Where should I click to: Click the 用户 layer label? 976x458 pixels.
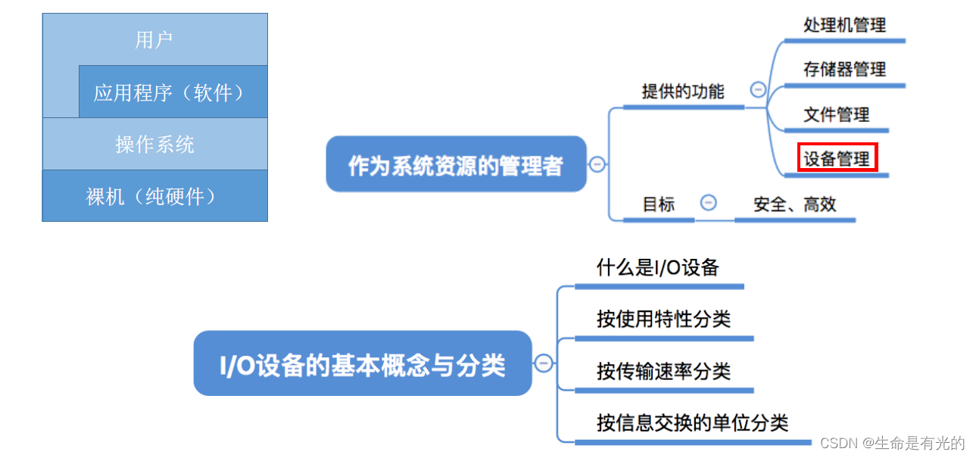click(x=154, y=39)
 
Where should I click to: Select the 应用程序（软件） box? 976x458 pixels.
click(x=173, y=92)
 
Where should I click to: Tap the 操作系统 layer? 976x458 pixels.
click(x=154, y=144)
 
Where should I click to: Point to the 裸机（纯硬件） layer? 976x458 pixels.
click(x=154, y=197)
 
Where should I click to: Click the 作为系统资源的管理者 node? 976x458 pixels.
click(x=456, y=164)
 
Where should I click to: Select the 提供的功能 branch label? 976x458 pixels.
click(x=683, y=92)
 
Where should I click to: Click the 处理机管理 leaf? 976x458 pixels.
click(x=844, y=24)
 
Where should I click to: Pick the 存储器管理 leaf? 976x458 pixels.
click(x=844, y=69)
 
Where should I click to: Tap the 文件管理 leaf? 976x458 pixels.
click(x=836, y=114)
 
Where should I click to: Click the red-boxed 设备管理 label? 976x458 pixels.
click(x=837, y=158)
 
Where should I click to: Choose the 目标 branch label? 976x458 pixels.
click(x=658, y=204)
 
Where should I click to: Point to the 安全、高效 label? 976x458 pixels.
click(x=794, y=204)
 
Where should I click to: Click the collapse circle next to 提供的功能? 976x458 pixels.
click(x=757, y=90)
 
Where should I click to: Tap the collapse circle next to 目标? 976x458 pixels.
click(x=708, y=202)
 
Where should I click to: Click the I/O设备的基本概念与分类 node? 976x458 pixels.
click(x=363, y=364)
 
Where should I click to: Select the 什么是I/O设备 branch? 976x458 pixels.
click(x=657, y=267)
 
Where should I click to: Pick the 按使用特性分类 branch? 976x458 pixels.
click(x=663, y=319)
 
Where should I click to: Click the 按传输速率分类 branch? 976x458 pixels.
click(x=663, y=371)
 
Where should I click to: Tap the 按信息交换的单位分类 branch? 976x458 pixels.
click(x=692, y=422)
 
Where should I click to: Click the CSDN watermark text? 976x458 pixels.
click(x=892, y=443)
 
